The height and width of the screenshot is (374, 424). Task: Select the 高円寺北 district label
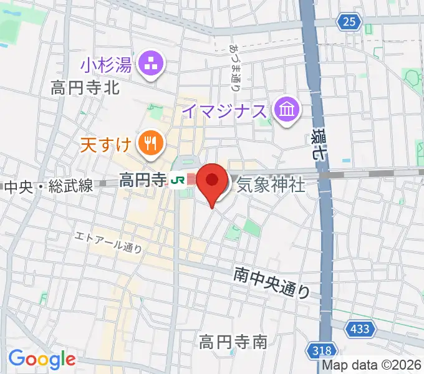tap(85, 88)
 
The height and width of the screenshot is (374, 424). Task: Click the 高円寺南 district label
tap(233, 342)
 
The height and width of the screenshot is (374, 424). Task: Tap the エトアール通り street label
tap(108, 242)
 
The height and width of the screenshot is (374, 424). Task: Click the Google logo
tap(42, 359)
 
